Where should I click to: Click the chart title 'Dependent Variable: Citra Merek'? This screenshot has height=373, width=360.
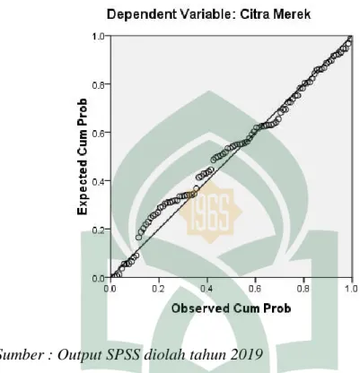pyautogui.click(x=208, y=14)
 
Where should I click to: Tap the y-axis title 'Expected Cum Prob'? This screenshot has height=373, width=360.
pyautogui.click(x=83, y=157)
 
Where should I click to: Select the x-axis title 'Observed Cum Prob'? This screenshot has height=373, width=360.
pyautogui.click(x=231, y=308)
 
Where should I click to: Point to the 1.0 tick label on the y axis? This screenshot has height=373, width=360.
pyautogui.click(x=99, y=37)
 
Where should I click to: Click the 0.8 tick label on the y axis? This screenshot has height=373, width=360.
pyautogui.click(x=99, y=84)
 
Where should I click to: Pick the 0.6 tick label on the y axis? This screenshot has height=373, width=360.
pyautogui.click(x=99, y=133)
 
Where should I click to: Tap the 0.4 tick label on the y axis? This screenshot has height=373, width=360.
pyautogui.click(x=99, y=181)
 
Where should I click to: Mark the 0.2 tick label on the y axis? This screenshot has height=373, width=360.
pyautogui.click(x=99, y=230)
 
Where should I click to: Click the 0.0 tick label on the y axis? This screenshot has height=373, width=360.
pyautogui.click(x=99, y=278)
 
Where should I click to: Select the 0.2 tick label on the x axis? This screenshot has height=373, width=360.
pyautogui.click(x=158, y=289)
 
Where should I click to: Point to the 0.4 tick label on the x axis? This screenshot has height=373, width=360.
pyautogui.click(x=206, y=289)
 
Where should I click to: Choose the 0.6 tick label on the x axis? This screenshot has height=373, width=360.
pyautogui.click(x=255, y=289)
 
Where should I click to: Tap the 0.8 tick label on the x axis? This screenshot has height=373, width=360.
pyautogui.click(x=303, y=289)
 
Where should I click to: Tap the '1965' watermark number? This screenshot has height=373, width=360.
pyautogui.click(x=210, y=212)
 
